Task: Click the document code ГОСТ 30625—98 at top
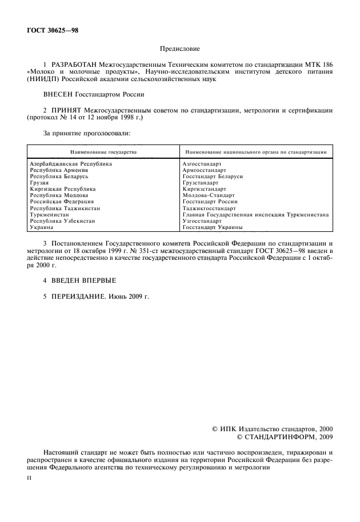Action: coord(52,30)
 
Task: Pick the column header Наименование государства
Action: coord(103,152)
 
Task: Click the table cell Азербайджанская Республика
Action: coord(71,164)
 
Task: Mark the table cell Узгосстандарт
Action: coord(202,221)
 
